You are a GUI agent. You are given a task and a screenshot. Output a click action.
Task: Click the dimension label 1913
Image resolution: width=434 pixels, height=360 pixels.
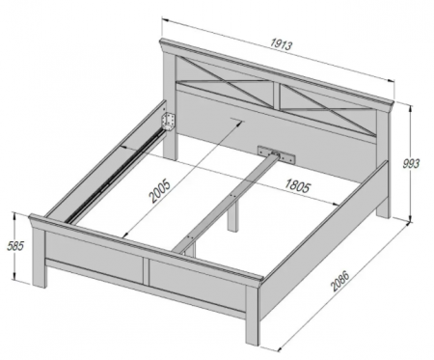(x=282, y=44)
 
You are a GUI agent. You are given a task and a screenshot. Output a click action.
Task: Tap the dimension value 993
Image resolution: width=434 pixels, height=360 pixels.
(x=411, y=163)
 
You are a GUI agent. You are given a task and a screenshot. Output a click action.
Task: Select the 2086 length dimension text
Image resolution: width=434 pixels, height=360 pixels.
(x=339, y=281)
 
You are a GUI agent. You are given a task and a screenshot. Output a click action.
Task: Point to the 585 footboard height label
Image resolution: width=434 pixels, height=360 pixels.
(x=15, y=246)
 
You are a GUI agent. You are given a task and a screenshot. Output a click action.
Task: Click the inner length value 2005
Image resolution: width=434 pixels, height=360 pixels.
(x=160, y=192)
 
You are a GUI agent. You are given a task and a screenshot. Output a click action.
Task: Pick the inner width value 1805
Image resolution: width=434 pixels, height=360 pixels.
(x=298, y=186)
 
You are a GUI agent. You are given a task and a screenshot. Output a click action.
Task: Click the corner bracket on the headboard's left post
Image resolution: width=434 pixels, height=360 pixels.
(x=169, y=121)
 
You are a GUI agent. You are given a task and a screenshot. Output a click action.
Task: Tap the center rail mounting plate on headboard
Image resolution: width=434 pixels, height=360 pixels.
(x=277, y=153)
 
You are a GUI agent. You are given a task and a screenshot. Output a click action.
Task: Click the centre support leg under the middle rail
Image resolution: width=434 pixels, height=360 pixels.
(x=232, y=216)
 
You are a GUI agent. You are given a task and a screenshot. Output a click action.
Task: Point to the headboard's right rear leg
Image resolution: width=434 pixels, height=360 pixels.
(x=383, y=207)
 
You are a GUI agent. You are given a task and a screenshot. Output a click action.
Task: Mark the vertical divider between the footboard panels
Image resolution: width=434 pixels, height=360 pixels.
(x=146, y=271)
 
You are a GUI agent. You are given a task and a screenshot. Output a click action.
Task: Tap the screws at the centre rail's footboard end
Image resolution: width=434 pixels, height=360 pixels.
(x=189, y=237)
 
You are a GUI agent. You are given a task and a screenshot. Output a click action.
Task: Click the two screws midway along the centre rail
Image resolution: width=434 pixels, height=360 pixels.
(x=233, y=195)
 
